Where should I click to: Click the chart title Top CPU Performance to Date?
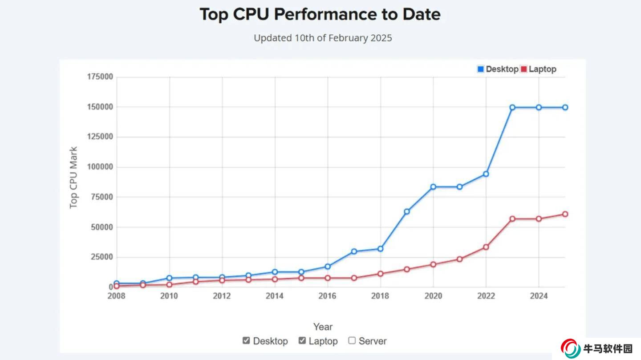320,14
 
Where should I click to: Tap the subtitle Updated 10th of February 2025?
323,38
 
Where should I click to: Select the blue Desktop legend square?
481,69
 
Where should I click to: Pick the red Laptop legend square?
523,69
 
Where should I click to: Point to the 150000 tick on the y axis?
100,107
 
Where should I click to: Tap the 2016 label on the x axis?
328,296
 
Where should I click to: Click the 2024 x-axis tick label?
539,296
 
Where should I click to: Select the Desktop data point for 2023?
512,107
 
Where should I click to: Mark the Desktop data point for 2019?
407,211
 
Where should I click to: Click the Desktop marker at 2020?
433,186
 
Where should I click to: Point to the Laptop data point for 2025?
565,214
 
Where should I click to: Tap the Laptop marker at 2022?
486,247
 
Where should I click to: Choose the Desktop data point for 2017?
354,251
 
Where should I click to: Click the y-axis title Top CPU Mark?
74,178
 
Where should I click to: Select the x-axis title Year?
323,327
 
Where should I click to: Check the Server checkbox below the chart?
352,340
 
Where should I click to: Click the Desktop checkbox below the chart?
246,340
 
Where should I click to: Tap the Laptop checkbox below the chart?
302,340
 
